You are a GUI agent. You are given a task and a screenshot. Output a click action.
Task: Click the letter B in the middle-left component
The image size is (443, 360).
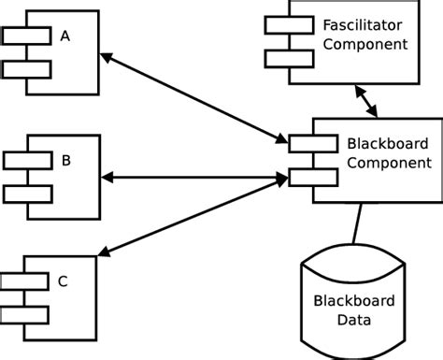[x=65, y=160]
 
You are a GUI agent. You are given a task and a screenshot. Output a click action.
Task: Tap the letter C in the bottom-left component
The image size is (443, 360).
[x=63, y=280]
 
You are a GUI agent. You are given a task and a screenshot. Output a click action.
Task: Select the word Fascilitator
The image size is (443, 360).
[x=364, y=24]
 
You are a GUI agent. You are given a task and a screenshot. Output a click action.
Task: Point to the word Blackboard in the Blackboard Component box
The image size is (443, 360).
[x=387, y=144]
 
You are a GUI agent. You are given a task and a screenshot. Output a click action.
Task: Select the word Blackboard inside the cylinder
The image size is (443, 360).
[x=355, y=301]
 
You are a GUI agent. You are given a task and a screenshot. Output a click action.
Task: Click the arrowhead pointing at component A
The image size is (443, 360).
[x=107, y=58]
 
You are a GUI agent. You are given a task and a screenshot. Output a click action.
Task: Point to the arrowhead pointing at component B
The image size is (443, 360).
[x=107, y=177]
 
